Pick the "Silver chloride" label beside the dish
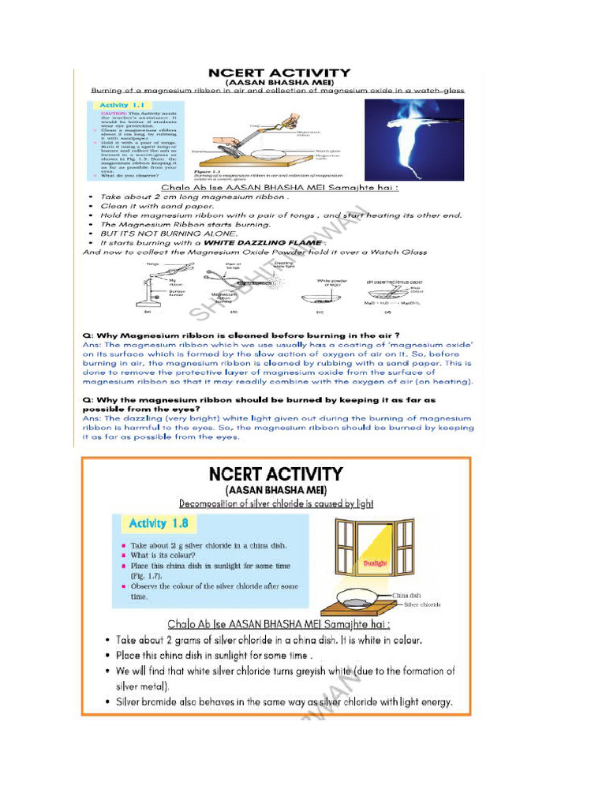click(x=422, y=604)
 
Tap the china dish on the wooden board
click(x=364, y=597)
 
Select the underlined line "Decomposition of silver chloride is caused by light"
click(x=276, y=503)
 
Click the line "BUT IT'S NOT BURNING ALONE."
click(x=169, y=234)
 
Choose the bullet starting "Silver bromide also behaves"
click(x=284, y=701)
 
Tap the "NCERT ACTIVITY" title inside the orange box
click(x=275, y=474)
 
